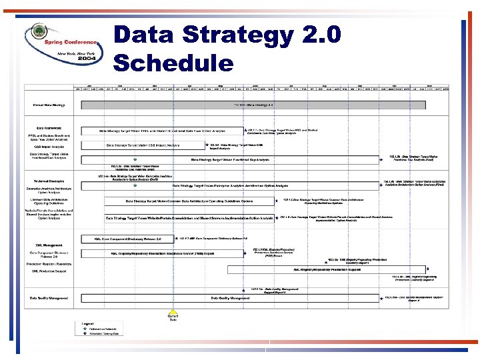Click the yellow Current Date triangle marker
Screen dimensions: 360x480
pos(173,311)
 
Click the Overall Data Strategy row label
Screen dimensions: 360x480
pos(49,105)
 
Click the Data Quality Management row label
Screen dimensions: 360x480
pos(50,298)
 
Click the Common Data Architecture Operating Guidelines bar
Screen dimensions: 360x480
pos(190,201)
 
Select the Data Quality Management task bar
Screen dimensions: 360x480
pos(230,298)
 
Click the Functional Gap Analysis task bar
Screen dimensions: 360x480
pos(230,159)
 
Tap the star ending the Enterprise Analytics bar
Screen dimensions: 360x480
pos(381,185)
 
